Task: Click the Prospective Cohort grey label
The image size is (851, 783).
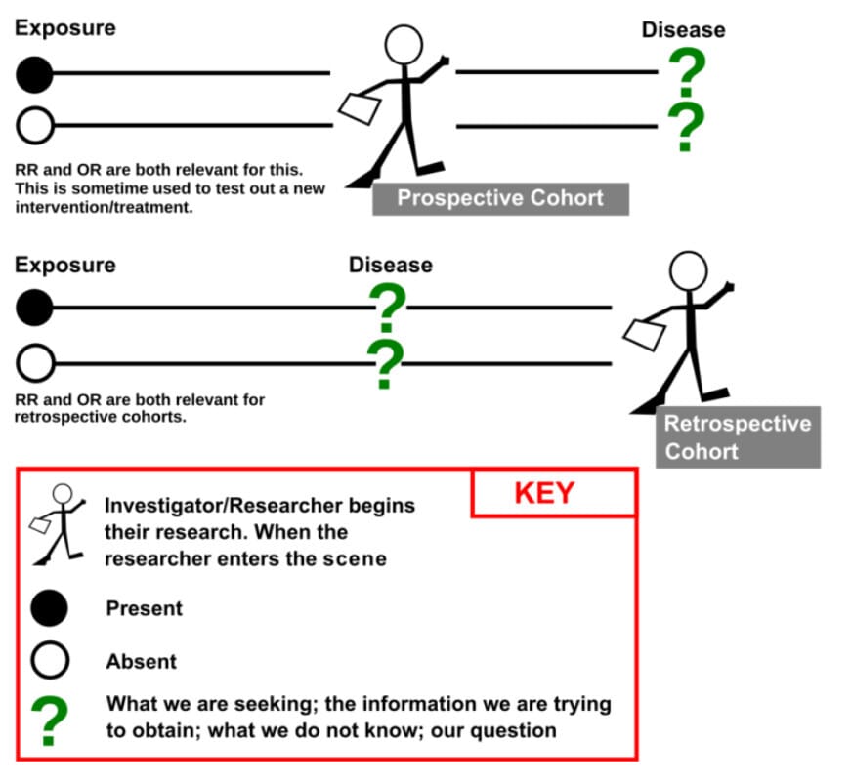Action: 499,197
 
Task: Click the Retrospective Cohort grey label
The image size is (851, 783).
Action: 738,436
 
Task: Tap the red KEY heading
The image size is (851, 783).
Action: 544,493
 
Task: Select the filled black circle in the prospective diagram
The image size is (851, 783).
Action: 35,72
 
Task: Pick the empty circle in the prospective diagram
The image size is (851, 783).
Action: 35,125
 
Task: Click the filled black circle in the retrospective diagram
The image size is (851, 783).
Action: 35,309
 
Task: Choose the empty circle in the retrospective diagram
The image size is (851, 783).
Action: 35,363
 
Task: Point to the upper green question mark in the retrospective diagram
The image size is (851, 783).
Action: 388,307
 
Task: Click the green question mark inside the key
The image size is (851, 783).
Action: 49,721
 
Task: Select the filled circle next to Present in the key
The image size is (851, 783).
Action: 49,608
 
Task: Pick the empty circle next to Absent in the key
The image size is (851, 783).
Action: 49,661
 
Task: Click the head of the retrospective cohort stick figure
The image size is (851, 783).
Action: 689,270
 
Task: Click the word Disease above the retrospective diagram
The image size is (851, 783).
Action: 390,265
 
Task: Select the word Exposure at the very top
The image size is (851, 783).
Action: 64,27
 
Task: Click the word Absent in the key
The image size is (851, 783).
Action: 142,661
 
